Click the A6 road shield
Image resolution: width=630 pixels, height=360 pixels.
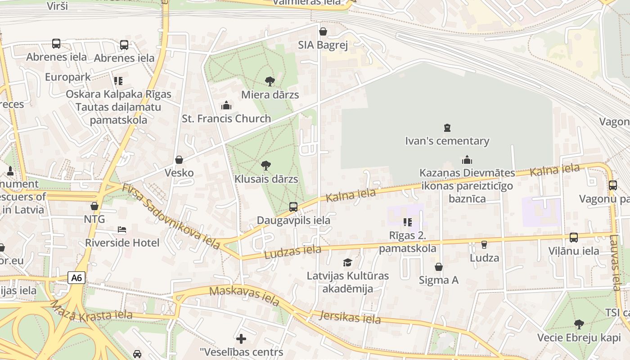pyautogui.click(x=76, y=278)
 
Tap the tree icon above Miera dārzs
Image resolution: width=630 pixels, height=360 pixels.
pyautogui.click(x=270, y=81)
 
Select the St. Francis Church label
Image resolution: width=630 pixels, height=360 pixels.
pyautogui.click(x=226, y=119)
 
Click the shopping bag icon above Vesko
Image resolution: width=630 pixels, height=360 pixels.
pyautogui.click(x=179, y=160)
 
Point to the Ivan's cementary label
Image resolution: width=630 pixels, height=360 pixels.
pyautogui.click(x=447, y=141)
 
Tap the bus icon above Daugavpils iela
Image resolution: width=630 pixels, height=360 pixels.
pyautogui.click(x=293, y=207)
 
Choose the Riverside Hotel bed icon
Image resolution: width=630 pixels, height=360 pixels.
pyautogui.click(x=121, y=229)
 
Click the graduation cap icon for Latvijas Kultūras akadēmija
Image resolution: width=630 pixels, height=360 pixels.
pyautogui.click(x=347, y=262)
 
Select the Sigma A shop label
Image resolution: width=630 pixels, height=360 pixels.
pyautogui.click(x=439, y=280)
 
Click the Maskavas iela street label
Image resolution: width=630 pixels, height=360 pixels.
pyautogui.click(x=244, y=296)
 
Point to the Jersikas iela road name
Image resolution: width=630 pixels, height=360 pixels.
pyautogui.click(x=350, y=317)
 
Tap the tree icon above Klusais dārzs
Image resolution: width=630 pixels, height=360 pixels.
pyautogui.click(x=266, y=166)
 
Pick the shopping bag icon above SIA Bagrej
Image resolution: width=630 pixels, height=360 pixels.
pyautogui.click(x=323, y=31)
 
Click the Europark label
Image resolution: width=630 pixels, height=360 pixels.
pyautogui.click(x=68, y=77)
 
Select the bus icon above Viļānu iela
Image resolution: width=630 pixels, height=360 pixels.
pyautogui.click(x=574, y=238)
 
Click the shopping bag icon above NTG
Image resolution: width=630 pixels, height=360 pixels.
pyautogui.click(x=94, y=206)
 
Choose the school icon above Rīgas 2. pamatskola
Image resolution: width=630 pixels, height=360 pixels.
pyautogui.click(x=408, y=222)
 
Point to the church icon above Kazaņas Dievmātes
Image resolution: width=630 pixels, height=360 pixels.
pyautogui.click(x=467, y=160)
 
